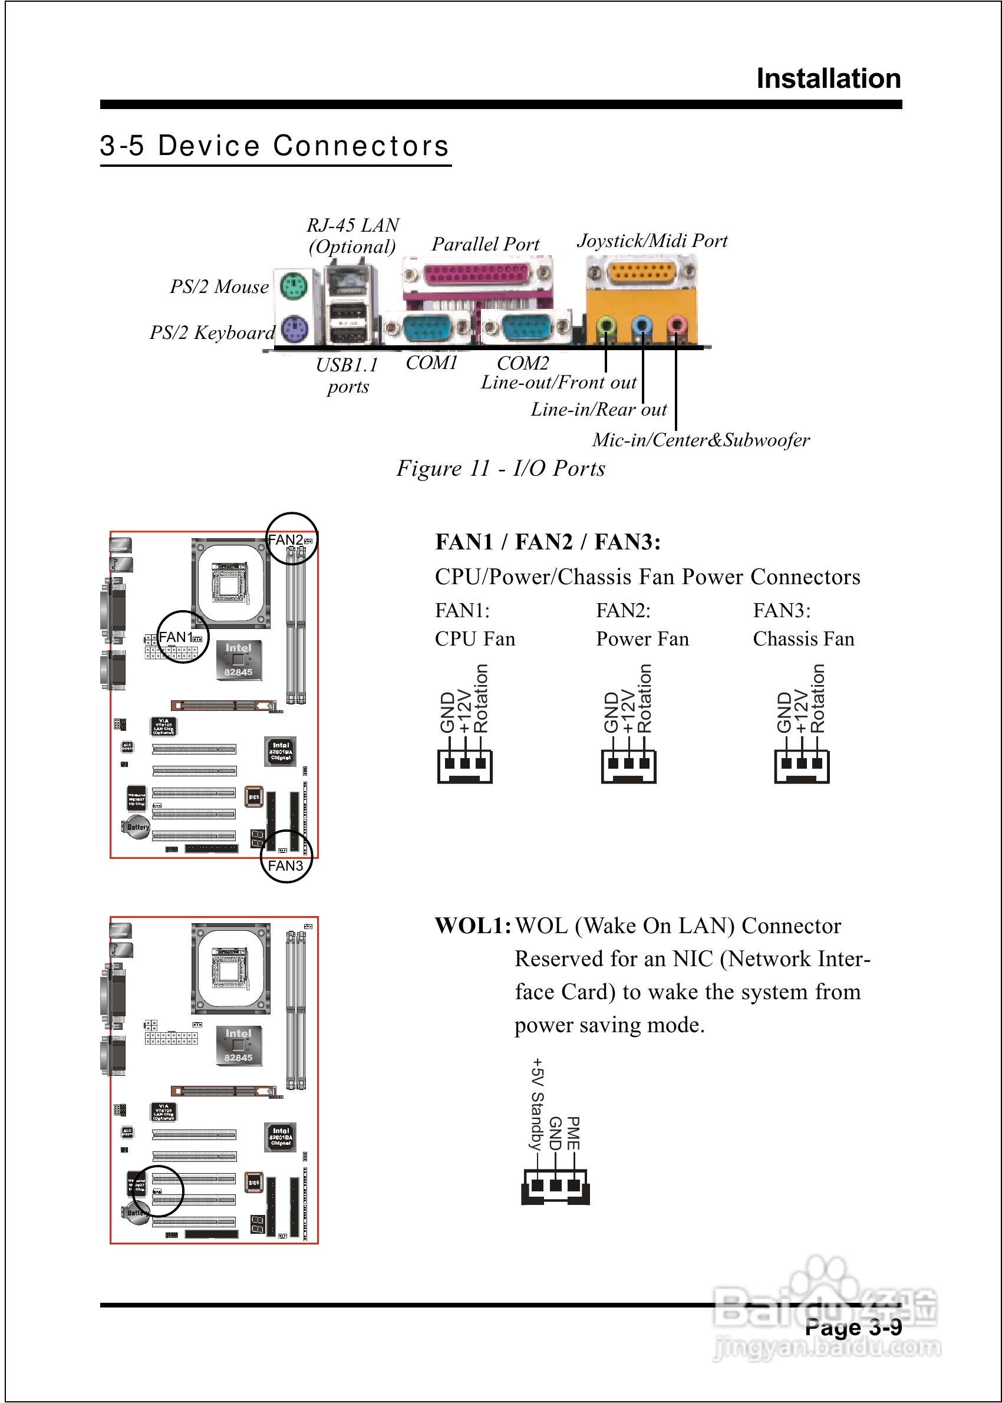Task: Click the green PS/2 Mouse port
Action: pos(294,286)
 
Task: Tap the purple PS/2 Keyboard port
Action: pos(294,329)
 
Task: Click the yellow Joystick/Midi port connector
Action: pos(641,272)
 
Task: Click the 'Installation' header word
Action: pos(828,79)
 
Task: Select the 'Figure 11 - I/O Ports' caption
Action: pos(500,468)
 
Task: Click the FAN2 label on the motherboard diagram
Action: pos(286,540)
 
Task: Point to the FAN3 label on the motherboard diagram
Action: pos(285,865)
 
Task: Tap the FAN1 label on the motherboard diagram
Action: pos(176,637)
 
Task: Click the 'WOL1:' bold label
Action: pos(473,926)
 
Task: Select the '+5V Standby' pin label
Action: pos(537,1104)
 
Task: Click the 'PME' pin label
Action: pos(573,1134)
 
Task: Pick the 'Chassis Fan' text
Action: pos(803,638)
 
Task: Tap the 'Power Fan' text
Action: pos(642,638)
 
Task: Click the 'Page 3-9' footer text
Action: pos(853,1327)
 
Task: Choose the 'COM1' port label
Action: pos(431,363)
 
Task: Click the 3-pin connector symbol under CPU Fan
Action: pos(464,766)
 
